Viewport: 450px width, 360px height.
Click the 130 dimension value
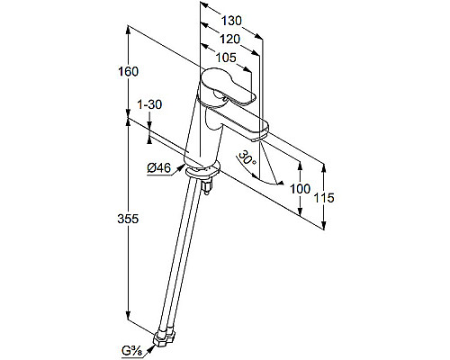[x=231, y=21]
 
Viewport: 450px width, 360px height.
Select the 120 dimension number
[x=230, y=39]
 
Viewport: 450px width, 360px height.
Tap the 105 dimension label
[x=226, y=58]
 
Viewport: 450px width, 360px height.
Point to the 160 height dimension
[x=128, y=72]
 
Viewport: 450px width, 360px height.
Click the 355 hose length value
[x=128, y=219]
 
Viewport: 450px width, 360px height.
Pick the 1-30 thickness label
[x=149, y=104]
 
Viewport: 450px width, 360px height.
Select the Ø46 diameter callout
[x=158, y=168]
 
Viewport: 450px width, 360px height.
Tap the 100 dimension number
[x=300, y=189]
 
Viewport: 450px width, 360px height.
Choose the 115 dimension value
[x=324, y=198]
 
